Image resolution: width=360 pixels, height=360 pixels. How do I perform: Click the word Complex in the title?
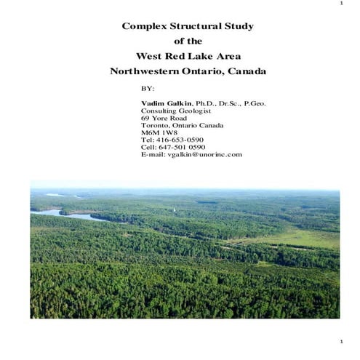pos(144,27)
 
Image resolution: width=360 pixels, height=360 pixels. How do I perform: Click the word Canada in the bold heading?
pos(247,71)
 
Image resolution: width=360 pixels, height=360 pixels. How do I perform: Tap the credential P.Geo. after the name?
pos(255,103)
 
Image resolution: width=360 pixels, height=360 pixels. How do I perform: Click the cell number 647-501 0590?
pos(181,147)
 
